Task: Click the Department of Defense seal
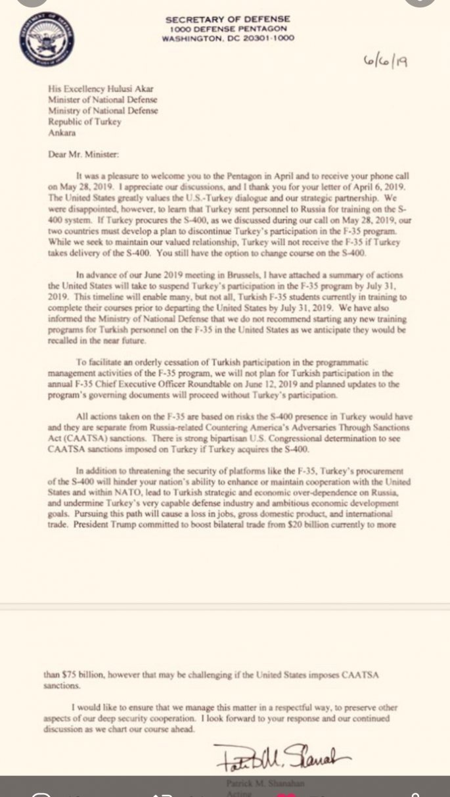(47, 39)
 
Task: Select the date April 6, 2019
(363, 186)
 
